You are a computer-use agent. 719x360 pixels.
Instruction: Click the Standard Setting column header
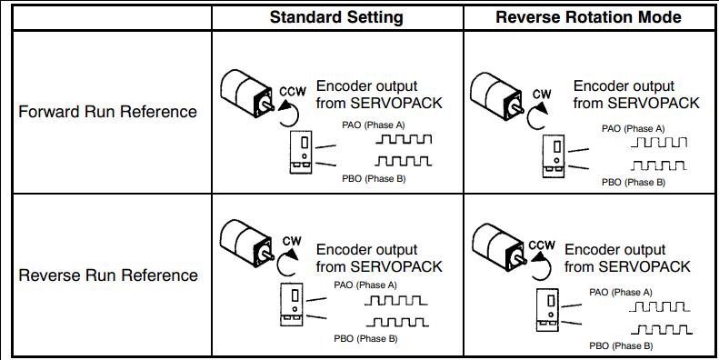tap(336, 17)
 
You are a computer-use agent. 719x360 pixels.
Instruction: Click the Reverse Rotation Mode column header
tap(588, 17)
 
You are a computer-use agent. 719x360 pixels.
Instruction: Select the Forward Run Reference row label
tap(108, 112)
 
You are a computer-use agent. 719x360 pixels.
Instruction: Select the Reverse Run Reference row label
tap(108, 275)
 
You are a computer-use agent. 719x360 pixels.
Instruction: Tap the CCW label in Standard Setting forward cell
tap(292, 91)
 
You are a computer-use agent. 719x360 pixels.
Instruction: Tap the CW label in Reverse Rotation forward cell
tap(542, 95)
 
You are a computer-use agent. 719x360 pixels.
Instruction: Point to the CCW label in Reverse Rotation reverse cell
tap(542, 245)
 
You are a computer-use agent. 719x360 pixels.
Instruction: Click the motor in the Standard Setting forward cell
tap(247, 94)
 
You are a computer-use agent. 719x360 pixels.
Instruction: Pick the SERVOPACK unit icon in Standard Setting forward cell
tap(301, 152)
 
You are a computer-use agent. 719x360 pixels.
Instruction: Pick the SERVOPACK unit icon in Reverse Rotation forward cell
tap(554, 156)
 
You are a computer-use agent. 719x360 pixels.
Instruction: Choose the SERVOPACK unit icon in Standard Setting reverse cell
tap(292, 305)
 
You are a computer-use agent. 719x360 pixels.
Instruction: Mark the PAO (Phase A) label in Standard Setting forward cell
tap(374, 125)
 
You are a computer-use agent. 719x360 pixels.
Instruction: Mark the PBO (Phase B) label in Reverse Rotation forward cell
tap(634, 183)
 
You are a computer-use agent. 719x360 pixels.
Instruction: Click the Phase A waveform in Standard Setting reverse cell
tap(396, 301)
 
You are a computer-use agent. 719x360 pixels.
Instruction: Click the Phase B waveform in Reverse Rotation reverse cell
tap(661, 329)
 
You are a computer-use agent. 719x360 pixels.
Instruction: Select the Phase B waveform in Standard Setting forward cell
tap(404, 161)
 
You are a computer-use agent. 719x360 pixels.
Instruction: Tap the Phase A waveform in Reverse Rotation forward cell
tap(659, 142)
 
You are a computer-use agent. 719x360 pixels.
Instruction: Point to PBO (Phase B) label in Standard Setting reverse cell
tap(365, 339)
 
